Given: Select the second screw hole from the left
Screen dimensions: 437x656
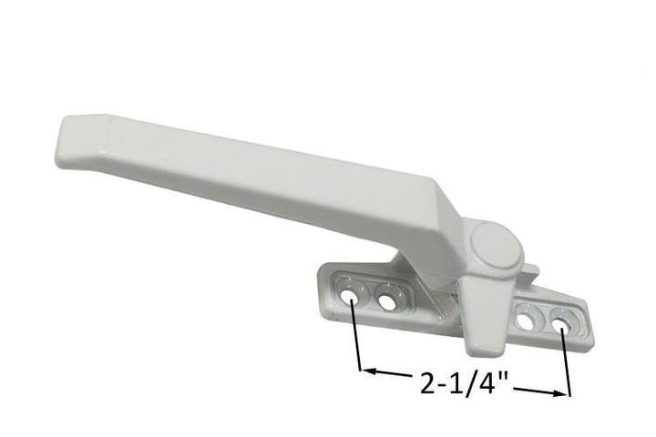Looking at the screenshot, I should coord(390,300).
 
